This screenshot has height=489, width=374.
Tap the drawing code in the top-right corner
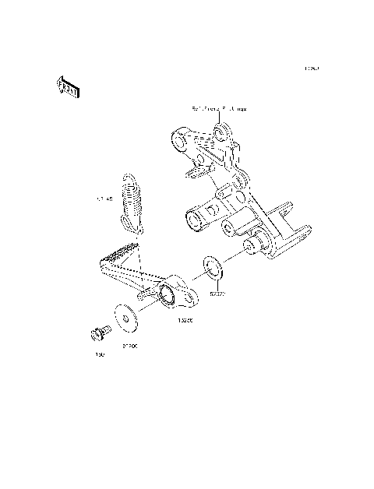[312, 69]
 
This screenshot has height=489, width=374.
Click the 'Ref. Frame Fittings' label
[219, 110]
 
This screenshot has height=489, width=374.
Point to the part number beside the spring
[104, 200]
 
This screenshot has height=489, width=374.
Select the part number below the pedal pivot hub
[185, 320]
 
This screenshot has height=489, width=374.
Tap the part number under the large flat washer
[129, 347]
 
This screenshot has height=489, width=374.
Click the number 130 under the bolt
[100, 355]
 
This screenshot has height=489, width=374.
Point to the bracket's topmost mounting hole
[221, 128]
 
